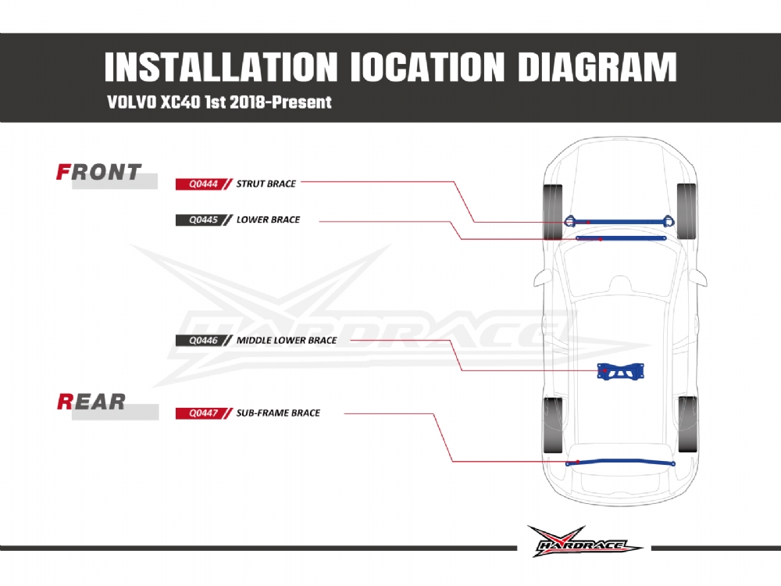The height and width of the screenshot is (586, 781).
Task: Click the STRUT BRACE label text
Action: coord(266,184)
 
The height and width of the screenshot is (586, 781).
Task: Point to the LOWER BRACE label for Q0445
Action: coord(268,220)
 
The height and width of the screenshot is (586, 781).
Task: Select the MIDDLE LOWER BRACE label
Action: coord(287,341)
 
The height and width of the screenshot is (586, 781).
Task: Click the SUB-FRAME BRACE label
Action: coord(278,413)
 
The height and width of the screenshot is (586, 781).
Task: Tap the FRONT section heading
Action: coord(99,173)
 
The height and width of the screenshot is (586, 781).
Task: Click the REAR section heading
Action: coord(91,402)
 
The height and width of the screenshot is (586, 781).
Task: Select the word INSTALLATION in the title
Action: coord(221,69)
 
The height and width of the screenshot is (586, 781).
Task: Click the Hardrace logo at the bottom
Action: coord(584,541)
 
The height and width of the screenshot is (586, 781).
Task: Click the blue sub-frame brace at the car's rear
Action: coord(621,463)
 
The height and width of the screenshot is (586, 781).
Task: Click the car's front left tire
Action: coord(553,209)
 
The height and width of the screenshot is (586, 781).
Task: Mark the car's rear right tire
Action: coord(688,423)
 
